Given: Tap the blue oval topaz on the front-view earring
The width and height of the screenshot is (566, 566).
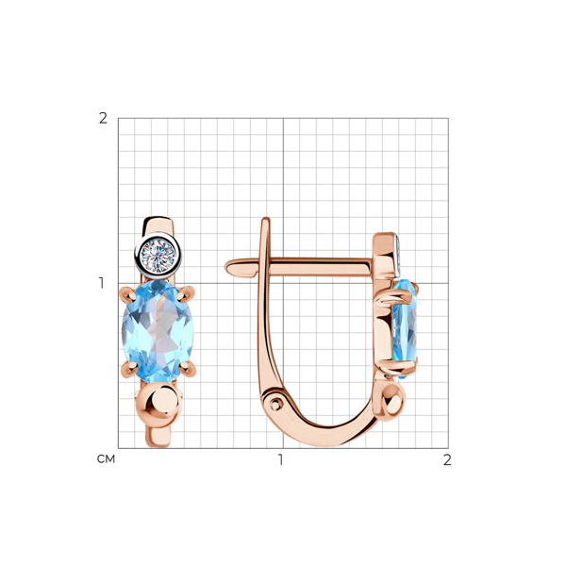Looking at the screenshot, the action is coord(158,331).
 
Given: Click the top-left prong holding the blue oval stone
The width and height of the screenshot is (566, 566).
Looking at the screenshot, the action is coord(126,293).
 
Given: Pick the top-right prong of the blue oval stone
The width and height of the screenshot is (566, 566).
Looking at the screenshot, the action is coord(187,293).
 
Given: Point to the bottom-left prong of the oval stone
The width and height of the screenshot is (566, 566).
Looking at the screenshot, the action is coord(128,369).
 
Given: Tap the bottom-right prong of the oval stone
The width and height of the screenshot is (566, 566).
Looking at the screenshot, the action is coord(188,369).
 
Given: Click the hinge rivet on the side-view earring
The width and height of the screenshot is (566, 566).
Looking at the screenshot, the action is coord(275,404).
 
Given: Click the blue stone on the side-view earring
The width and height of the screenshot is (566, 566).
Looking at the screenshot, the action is coord(405,328).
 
